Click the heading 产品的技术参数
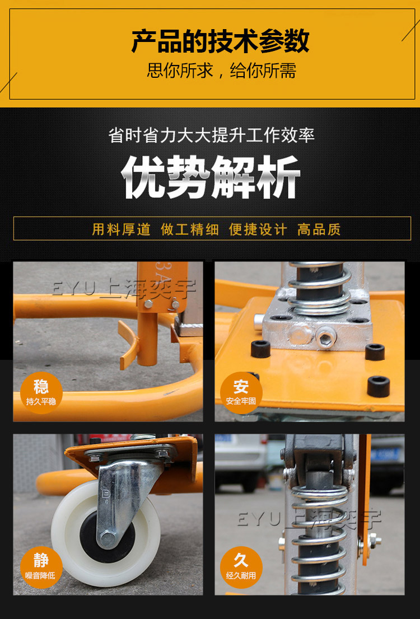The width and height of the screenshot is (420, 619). [220, 41]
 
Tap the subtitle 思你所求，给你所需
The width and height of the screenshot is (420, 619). [221, 71]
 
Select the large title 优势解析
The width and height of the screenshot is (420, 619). [211, 177]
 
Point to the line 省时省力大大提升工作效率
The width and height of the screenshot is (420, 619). [211, 135]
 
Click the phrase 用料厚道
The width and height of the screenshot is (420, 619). [122, 229]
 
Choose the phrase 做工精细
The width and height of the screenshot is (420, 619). [190, 229]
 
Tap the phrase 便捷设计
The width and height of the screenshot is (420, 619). [258, 229]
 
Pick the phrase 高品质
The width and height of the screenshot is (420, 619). [319, 229]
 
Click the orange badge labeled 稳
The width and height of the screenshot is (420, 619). [41, 392]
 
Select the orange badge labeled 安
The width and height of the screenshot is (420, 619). [241, 392]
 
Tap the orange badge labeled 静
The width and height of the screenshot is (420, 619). [41, 568]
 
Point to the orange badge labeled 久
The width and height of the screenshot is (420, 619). [241, 568]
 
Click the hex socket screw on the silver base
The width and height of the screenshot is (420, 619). [326, 337]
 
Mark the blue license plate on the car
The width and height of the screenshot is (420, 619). [385, 455]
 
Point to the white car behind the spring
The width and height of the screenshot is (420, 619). [241, 462]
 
